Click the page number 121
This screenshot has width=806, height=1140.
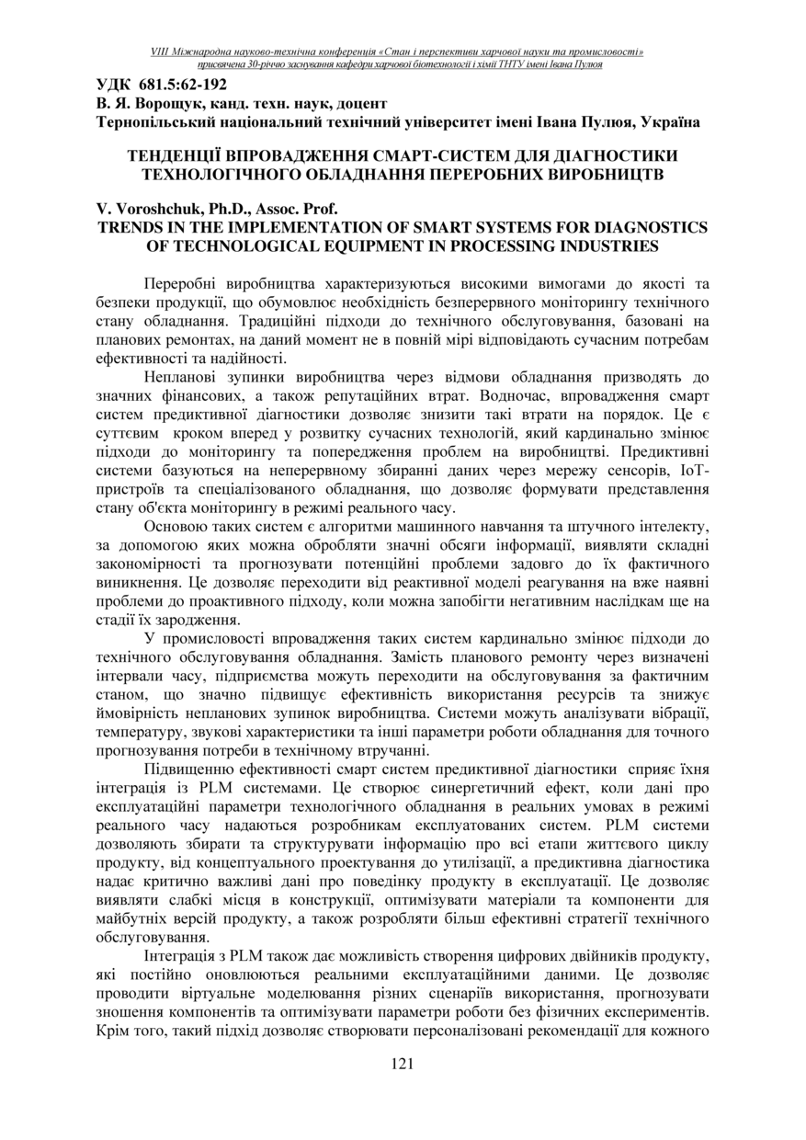403,1065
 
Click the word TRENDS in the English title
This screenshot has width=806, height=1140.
133,227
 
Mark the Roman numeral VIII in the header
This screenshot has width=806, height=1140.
161,52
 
